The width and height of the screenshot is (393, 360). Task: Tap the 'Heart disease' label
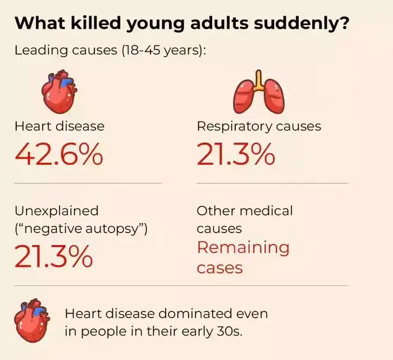pyautogui.click(x=60, y=126)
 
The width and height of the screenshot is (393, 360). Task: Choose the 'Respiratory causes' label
pyautogui.click(x=259, y=126)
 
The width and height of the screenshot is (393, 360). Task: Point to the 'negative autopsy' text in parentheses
pyautogui.click(x=81, y=229)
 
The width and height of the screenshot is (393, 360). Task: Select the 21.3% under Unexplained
pyautogui.click(x=53, y=256)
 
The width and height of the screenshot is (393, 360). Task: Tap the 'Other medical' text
pyautogui.click(x=245, y=211)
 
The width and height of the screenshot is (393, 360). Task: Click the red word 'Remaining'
pyautogui.click(x=243, y=247)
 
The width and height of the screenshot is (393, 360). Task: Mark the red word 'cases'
pyautogui.click(x=220, y=267)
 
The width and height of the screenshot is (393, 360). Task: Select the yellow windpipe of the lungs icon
pyautogui.click(x=258, y=80)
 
